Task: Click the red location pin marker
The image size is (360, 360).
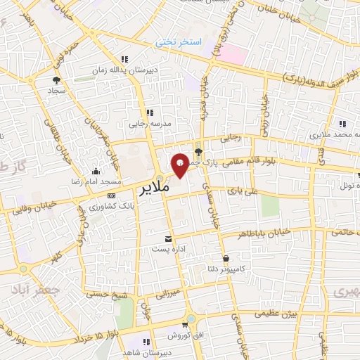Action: pos(180,165)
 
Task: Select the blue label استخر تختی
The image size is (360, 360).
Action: pos(179,43)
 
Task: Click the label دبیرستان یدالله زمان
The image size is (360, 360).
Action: pos(125,71)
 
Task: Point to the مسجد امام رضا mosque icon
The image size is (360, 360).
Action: pos(95,171)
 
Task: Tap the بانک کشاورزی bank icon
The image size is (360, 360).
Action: pos(112,195)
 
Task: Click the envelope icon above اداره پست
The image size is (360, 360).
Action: pos(167,239)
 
